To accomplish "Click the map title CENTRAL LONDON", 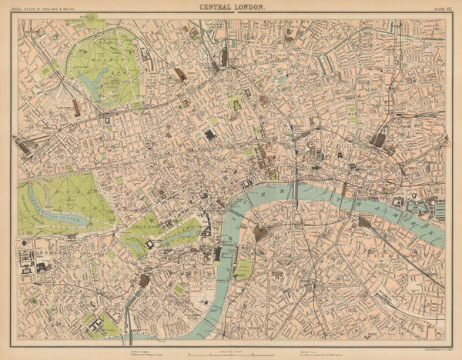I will (x=231, y=7).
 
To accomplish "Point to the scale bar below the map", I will (x=231, y=352).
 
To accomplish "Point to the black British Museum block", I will (x=209, y=135).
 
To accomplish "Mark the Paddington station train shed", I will (x=23, y=145).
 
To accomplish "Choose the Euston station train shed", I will (x=180, y=74).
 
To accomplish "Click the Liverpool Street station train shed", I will (x=377, y=139).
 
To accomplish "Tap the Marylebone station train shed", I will (x=77, y=108).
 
